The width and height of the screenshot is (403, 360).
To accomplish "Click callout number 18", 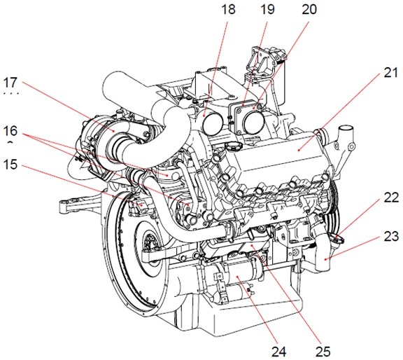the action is [x=228, y=10].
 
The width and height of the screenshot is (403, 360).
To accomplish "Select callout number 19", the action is [x=267, y=10].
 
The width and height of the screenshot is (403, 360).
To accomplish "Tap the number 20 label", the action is [x=309, y=10].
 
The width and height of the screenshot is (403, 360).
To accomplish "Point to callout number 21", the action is [x=391, y=73].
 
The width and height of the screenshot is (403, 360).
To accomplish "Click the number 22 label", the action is [x=391, y=198].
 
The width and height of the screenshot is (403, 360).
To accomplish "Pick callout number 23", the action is [x=391, y=236].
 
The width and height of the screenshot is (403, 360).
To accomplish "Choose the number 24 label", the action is [x=279, y=352].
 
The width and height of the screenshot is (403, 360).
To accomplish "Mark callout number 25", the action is [x=323, y=352].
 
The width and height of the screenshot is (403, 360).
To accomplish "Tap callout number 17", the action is [x=10, y=83].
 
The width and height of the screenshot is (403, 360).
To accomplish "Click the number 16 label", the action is [x=10, y=131].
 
